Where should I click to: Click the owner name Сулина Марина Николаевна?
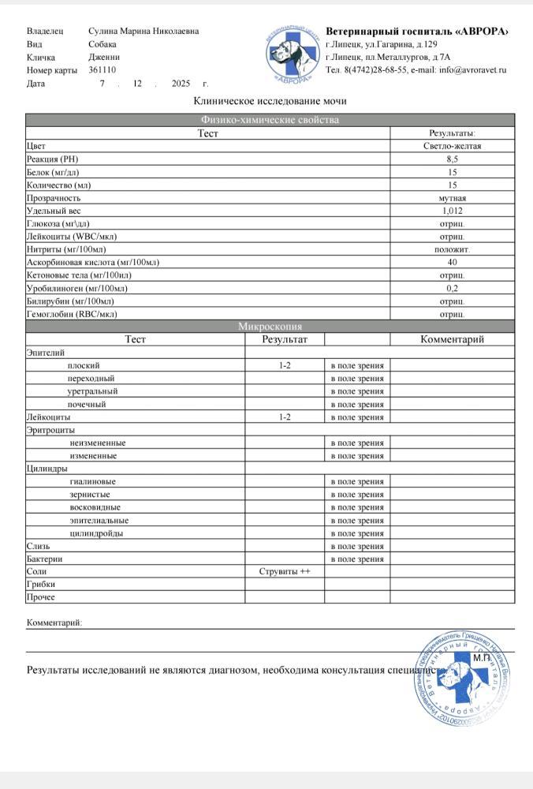pos(143,31)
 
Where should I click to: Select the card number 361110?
pos(102,70)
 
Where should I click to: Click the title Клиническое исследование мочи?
pos(270,101)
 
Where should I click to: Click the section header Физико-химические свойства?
pos(270,120)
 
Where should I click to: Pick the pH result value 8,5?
pos(452,159)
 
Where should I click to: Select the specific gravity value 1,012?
pos(452,211)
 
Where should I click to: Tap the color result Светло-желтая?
pos(452,146)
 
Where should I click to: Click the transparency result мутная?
pos(452,198)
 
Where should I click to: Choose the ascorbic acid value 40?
pos(452,262)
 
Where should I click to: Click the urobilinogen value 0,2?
pos(452,288)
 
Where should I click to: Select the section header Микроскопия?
pos(270,326)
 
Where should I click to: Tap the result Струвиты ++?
pos(285,571)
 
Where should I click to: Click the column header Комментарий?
pos(452,339)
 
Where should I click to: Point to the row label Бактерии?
pos(44,559)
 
